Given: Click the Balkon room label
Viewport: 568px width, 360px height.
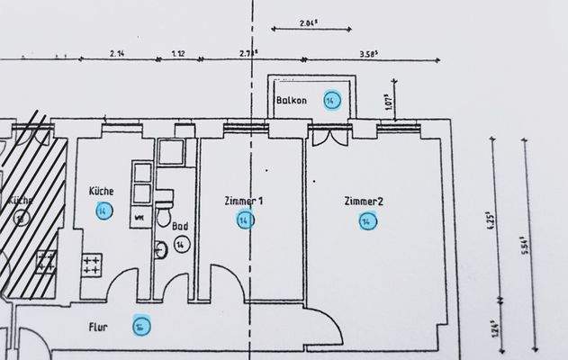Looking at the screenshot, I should [x=293, y=101].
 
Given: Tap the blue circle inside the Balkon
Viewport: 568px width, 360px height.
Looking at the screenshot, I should [x=331, y=100].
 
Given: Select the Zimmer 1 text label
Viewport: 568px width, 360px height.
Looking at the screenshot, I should [x=243, y=202].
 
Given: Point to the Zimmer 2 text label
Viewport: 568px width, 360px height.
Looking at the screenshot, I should [x=364, y=201].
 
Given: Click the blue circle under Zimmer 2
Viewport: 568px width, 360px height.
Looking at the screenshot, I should [x=366, y=221].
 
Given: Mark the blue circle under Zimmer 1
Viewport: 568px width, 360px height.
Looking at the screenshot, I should [x=244, y=220].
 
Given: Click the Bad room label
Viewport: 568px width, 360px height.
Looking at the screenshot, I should [x=180, y=229].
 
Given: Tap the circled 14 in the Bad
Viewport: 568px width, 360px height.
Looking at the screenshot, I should [x=181, y=245].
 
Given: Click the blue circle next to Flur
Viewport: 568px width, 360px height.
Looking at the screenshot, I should [x=140, y=326].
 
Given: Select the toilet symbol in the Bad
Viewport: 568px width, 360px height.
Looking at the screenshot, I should [x=163, y=217].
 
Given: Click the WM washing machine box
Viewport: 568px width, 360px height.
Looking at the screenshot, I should [x=140, y=217].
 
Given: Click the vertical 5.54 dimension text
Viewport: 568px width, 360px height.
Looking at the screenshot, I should [x=524, y=244].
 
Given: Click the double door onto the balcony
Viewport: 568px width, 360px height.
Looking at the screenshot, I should [x=326, y=140].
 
